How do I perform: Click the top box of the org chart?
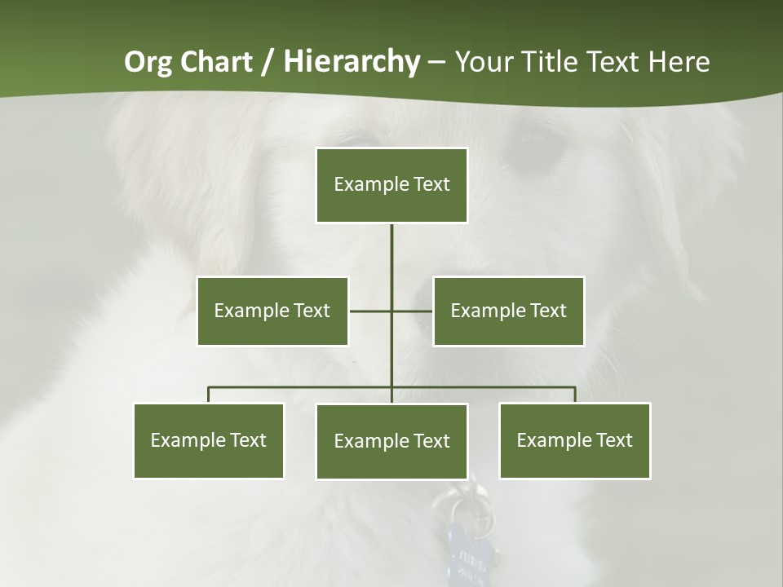(x=391, y=185)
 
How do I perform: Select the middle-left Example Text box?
(x=272, y=311)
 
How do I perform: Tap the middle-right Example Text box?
(x=508, y=311)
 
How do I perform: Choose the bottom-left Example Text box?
(x=209, y=440)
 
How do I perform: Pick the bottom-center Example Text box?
(x=391, y=441)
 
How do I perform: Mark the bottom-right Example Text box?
(x=574, y=440)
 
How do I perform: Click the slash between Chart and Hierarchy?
(x=268, y=63)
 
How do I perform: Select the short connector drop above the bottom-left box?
(x=209, y=395)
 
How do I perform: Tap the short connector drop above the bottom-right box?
(x=575, y=395)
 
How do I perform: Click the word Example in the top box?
(x=363, y=184)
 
